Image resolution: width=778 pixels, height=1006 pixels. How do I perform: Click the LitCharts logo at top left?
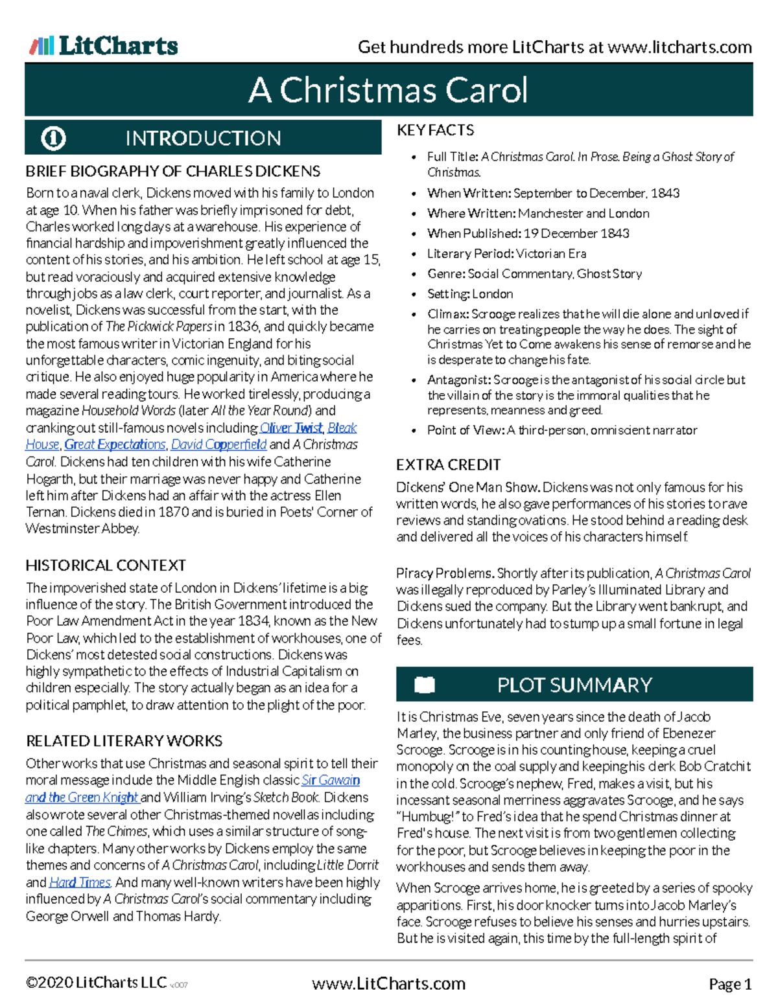pos(104,46)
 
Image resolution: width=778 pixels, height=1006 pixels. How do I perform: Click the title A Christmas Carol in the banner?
pos(388,90)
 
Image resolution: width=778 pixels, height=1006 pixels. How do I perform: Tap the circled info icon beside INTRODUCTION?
pos(53,138)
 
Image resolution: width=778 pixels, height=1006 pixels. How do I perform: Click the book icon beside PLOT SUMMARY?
pos(425,685)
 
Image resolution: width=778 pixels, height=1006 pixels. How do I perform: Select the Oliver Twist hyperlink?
pos(290,428)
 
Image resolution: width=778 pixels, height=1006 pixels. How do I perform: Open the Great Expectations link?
pos(115,444)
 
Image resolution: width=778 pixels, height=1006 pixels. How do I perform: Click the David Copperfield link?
pos(218,444)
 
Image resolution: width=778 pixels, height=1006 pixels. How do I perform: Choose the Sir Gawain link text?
pos(331,780)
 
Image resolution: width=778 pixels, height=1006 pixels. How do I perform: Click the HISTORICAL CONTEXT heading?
pos(106,566)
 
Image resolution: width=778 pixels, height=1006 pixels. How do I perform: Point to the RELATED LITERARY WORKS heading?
pos(124,741)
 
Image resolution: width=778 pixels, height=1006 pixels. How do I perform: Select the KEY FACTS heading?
pos(435,130)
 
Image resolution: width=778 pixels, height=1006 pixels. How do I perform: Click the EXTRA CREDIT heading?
pos(448,465)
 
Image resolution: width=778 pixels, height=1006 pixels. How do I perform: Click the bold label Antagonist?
pos(458,380)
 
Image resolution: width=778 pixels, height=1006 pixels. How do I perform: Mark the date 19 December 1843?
pos(576,233)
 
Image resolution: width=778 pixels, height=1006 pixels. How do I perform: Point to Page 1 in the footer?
pos(730,985)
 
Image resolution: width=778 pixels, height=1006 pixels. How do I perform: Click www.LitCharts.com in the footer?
pos(388,984)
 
